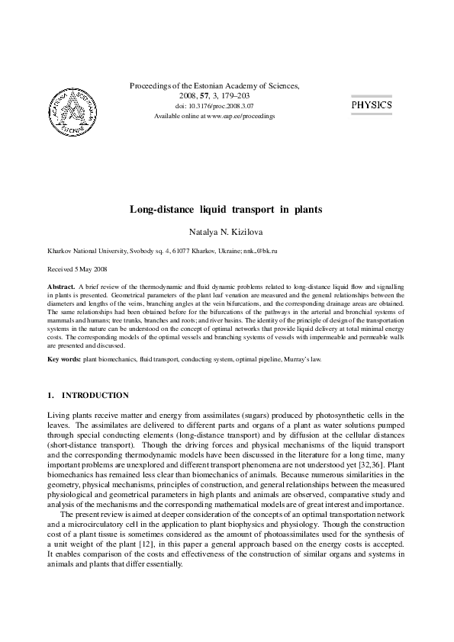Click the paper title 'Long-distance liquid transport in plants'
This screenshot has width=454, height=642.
pos(226,207)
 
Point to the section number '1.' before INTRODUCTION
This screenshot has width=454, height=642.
pos(51,396)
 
